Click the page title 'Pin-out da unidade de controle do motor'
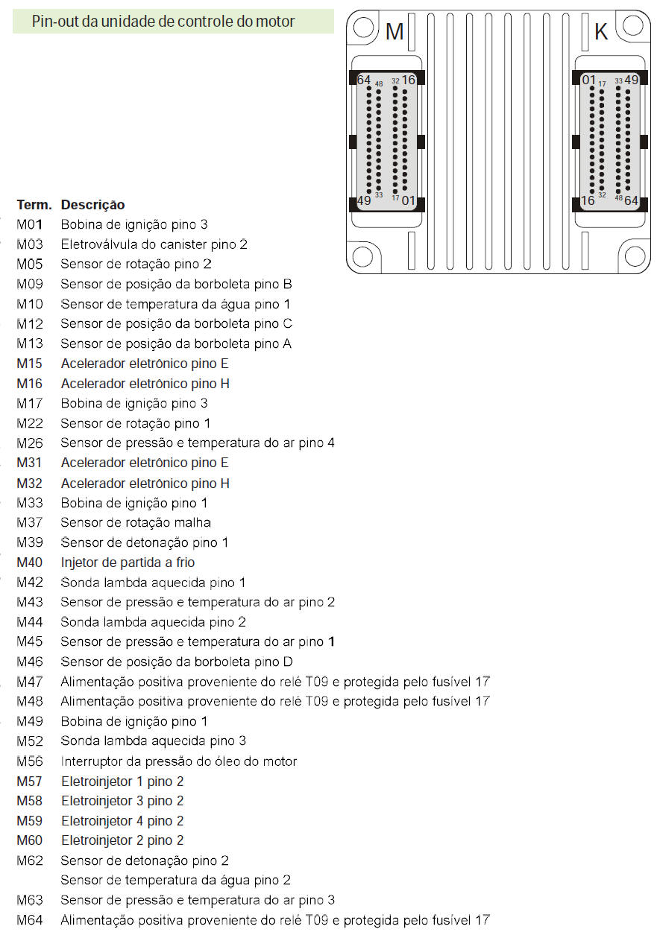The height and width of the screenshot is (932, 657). tap(163, 22)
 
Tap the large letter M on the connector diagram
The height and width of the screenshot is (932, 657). tap(394, 32)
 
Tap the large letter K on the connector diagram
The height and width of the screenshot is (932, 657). tap(601, 32)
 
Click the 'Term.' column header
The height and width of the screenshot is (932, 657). tap(34, 205)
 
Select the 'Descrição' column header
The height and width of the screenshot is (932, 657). tap(92, 205)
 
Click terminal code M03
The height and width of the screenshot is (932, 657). tap(30, 244)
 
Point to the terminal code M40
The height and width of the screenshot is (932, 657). tap(30, 562)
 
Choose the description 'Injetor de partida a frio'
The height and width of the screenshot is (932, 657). tap(128, 562)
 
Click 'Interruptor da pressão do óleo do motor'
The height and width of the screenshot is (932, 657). tap(178, 761)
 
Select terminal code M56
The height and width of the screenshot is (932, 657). tap(30, 761)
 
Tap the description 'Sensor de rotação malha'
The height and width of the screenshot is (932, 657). tap(136, 523)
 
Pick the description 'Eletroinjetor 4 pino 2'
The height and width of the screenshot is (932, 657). tap(122, 821)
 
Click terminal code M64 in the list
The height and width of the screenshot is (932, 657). tap(30, 920)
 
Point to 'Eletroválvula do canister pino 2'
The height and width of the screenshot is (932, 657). tap(154, 244)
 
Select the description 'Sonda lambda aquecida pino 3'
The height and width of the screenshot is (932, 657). tap(153, 741)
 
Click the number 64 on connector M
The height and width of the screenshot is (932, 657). tap(364, 80)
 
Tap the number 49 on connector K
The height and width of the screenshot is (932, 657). tap(632, 80)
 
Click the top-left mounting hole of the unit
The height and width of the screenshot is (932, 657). tap(362, 28)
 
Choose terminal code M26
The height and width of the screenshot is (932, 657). tap(30, 443)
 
